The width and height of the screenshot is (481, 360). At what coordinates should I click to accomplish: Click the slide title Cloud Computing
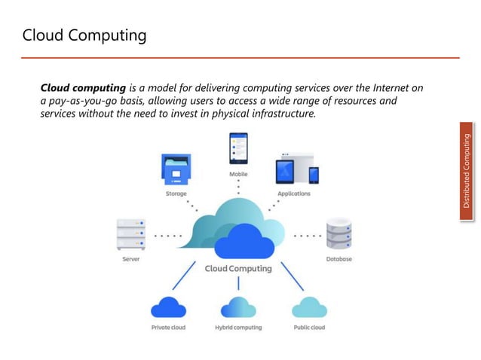84,35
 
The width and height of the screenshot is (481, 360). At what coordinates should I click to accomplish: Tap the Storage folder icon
176,169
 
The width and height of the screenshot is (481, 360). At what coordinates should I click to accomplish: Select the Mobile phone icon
238,149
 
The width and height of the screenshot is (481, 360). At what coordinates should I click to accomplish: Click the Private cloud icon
168,307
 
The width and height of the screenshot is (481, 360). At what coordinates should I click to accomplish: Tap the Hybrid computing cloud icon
237,307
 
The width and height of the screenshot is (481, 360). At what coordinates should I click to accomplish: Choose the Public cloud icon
309,307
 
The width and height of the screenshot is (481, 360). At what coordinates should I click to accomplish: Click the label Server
131,259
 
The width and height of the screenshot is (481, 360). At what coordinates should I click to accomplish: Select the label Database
339,259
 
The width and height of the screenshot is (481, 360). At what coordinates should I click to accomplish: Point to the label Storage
176,194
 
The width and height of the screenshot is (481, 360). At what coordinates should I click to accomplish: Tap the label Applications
294,194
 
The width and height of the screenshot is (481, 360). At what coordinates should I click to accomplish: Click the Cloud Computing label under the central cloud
238,269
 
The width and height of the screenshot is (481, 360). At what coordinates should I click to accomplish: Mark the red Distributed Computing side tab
467,172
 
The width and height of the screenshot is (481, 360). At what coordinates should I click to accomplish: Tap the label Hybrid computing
238,328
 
